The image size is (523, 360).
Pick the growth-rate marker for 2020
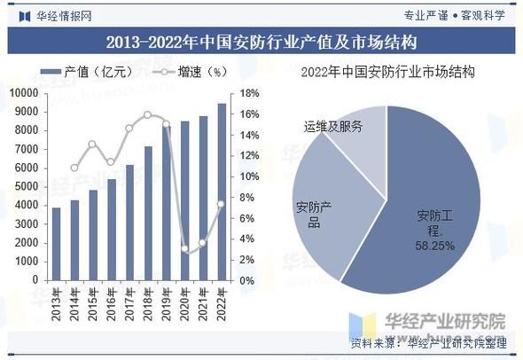pos(185,249)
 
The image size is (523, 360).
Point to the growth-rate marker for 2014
pos(74,168)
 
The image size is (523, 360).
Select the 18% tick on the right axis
pos(247,92)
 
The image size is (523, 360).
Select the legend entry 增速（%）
pos(191,73)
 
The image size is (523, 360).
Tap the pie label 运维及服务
pos(332,126)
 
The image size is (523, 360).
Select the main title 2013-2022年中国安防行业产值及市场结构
pos(261,42)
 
